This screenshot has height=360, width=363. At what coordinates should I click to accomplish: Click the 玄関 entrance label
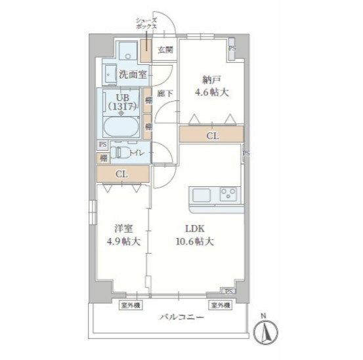(x=165, y=49)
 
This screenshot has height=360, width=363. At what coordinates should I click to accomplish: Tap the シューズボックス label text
(x=146, y=24)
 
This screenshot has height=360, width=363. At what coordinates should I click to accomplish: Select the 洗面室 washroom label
(x=132, y=75)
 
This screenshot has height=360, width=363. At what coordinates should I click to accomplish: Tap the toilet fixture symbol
(x=121, y=153)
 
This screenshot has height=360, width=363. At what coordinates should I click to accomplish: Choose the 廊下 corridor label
(x=165, y=94)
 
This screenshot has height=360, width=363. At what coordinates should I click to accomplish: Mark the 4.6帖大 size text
(x=211, y=92)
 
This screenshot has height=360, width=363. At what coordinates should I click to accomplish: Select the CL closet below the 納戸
(x=211, y=136)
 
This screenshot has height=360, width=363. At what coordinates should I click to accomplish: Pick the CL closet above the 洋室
(x=121, y=174)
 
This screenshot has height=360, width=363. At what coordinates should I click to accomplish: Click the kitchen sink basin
(x=200, y=194)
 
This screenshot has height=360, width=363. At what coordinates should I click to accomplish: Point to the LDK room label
(x=196, y=228)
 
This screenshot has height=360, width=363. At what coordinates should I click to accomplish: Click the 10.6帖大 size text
(x=196, y=241)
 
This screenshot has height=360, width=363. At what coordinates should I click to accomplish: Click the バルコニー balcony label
(x=182, y=317)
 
